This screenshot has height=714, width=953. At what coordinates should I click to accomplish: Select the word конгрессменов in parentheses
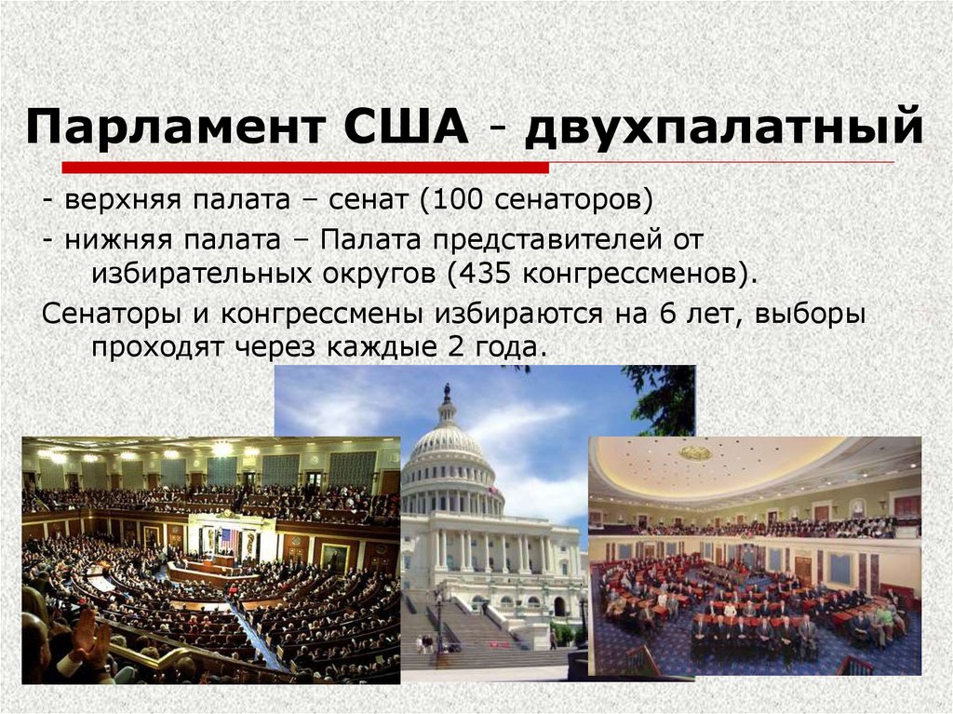633,275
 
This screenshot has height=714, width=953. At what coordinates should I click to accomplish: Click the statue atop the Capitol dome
447,392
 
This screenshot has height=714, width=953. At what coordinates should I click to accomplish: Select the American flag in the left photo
224,539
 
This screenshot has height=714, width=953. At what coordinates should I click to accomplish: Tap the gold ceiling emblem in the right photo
694,453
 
